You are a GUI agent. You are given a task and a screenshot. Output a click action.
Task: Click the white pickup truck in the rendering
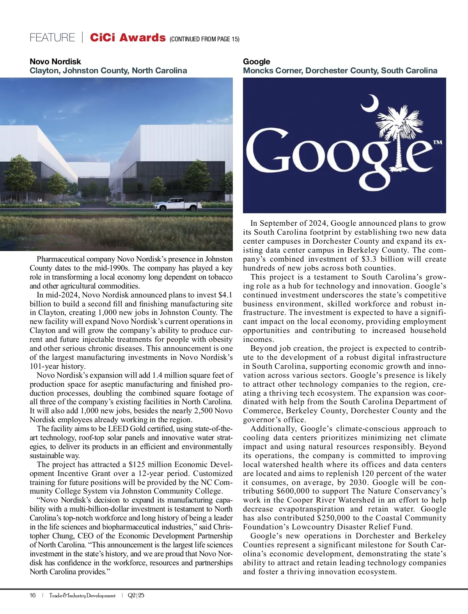point(177,204)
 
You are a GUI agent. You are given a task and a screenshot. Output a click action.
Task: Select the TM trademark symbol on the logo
point(438,143)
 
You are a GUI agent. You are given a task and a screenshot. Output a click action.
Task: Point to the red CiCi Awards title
point(128,38)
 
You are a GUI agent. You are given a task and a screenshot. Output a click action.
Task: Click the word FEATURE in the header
point(52,38)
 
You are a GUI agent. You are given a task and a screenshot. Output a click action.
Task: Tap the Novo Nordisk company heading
point(55,62)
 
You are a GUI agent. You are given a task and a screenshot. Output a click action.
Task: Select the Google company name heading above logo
point(256,62)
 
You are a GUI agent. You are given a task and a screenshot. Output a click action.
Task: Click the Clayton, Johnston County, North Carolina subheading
point(108,71)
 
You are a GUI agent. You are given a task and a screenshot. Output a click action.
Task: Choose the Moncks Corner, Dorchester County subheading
point(340,71)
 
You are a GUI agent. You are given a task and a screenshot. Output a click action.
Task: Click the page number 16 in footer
point(33,595)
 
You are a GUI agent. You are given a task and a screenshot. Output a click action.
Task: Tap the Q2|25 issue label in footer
point(136,595)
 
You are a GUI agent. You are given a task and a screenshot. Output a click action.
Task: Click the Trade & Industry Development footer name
point(82,595)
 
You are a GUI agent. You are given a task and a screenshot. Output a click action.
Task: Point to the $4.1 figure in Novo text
point(225,295)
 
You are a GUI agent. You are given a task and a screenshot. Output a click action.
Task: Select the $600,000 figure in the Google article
point(295,491)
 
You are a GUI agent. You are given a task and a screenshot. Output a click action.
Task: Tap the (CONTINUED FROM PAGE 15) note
point(204,39)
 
